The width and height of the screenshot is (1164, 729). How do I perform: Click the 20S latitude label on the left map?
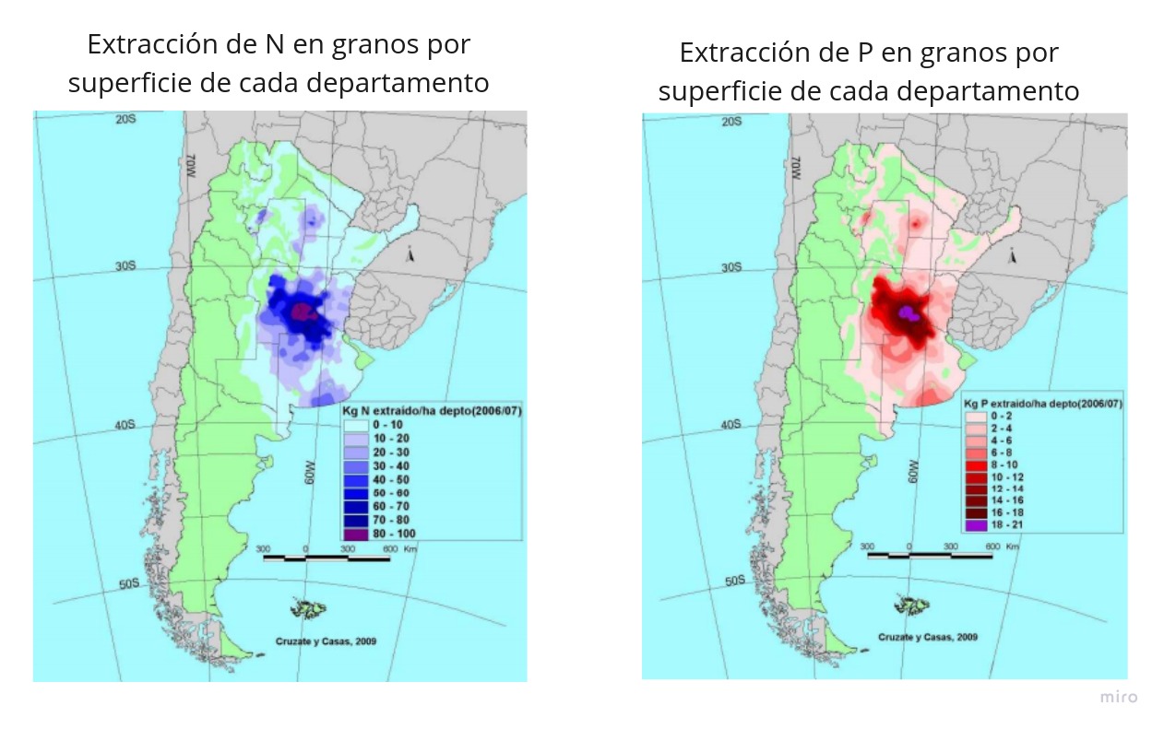(x=126, y=120)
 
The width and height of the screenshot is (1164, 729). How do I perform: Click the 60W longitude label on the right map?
(x=912, y=471)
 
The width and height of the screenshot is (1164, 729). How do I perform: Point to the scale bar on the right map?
(x=930, y=555)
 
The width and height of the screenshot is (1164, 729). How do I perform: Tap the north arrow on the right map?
(x=1013, y=255)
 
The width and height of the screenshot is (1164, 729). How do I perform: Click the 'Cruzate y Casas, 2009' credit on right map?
(x=928, y=637)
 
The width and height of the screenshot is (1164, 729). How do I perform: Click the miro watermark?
(x=1118, y=697)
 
